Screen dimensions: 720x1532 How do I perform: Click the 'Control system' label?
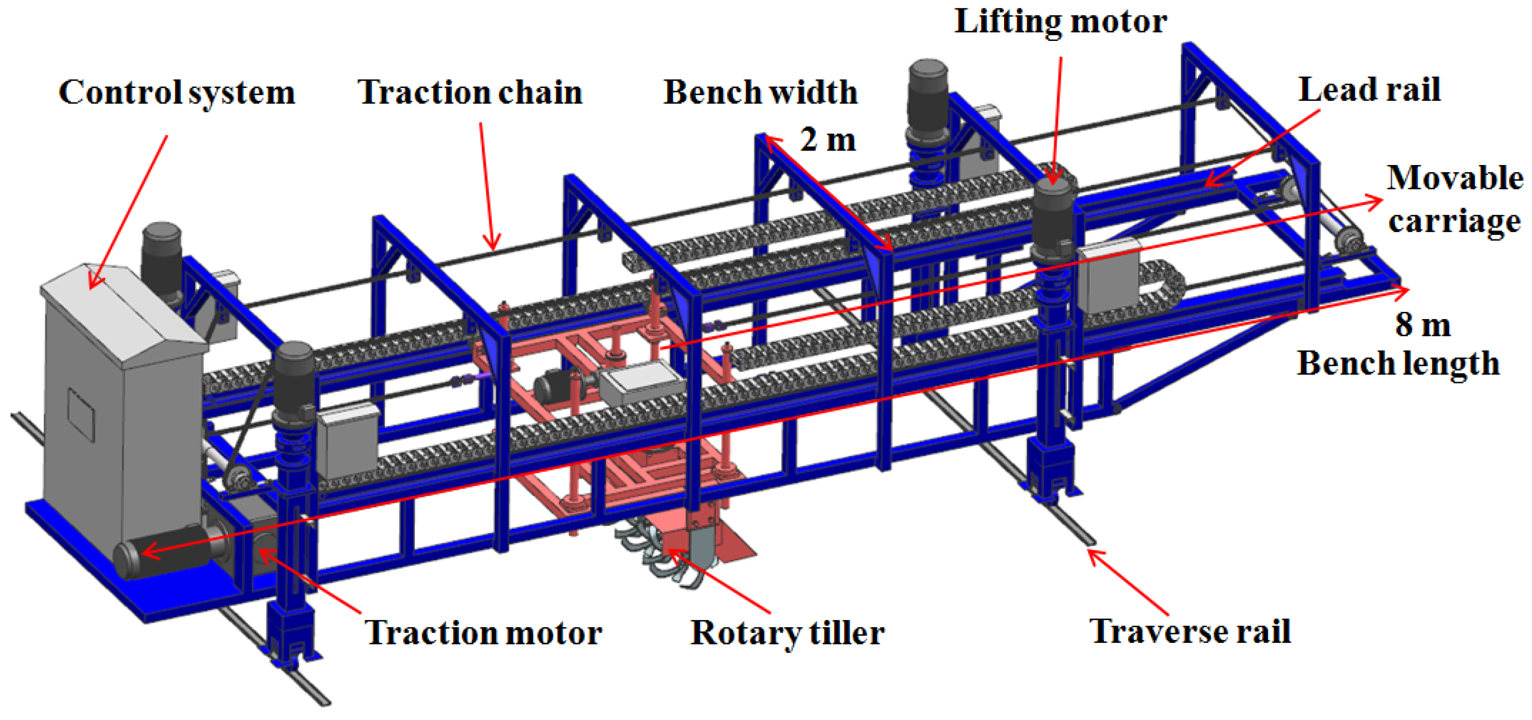click(x=176, y=93)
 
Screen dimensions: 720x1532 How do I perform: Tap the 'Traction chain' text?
click(x=470, y=93)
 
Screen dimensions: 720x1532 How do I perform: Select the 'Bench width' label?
click(x=760, y=93)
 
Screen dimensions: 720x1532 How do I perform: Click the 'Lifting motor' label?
click(x=1060, y=22)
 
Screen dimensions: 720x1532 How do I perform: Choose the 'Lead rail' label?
click(x=1369, y=91)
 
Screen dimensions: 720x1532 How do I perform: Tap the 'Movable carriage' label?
click(x=1455, y=199)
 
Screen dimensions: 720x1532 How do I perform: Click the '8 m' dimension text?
click(x=1422, y=325)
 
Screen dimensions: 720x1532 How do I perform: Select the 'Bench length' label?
click(x=1398, y=363)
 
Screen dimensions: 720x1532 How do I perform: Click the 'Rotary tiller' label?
click(x=787, y=632)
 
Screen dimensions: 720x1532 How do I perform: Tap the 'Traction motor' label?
click(x=483, y=632)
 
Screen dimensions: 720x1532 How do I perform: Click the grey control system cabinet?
click(x=119, y=404)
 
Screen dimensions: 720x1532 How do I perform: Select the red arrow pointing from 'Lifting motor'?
click(x=1057, y=119)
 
